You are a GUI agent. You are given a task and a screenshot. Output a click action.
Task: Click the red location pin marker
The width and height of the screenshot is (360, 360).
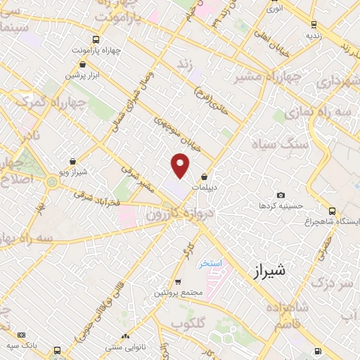click(x=181, y=166)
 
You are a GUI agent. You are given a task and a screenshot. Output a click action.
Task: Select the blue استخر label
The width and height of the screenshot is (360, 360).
click(x=210, y=263)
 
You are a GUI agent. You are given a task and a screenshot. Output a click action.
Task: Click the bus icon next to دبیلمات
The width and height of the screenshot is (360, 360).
click(x=205, y=177)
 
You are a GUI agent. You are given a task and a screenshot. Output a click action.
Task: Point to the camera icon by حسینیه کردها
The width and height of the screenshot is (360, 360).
click(x=281, y=195)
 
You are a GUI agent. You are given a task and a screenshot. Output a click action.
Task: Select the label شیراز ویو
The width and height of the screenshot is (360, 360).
click(x=73, y=171)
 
